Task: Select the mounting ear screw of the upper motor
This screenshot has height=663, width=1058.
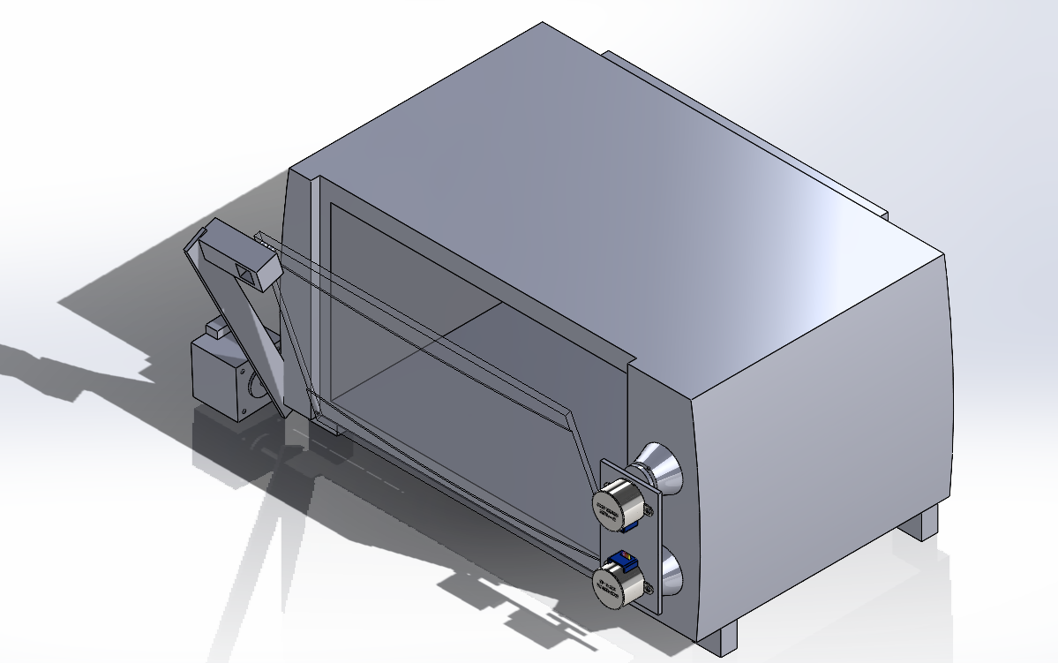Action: click(x=650, y=509)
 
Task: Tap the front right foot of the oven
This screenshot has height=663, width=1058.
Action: click(x=722, y=637)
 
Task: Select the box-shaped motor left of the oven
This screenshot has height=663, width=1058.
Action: click(x=219, y=375)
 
